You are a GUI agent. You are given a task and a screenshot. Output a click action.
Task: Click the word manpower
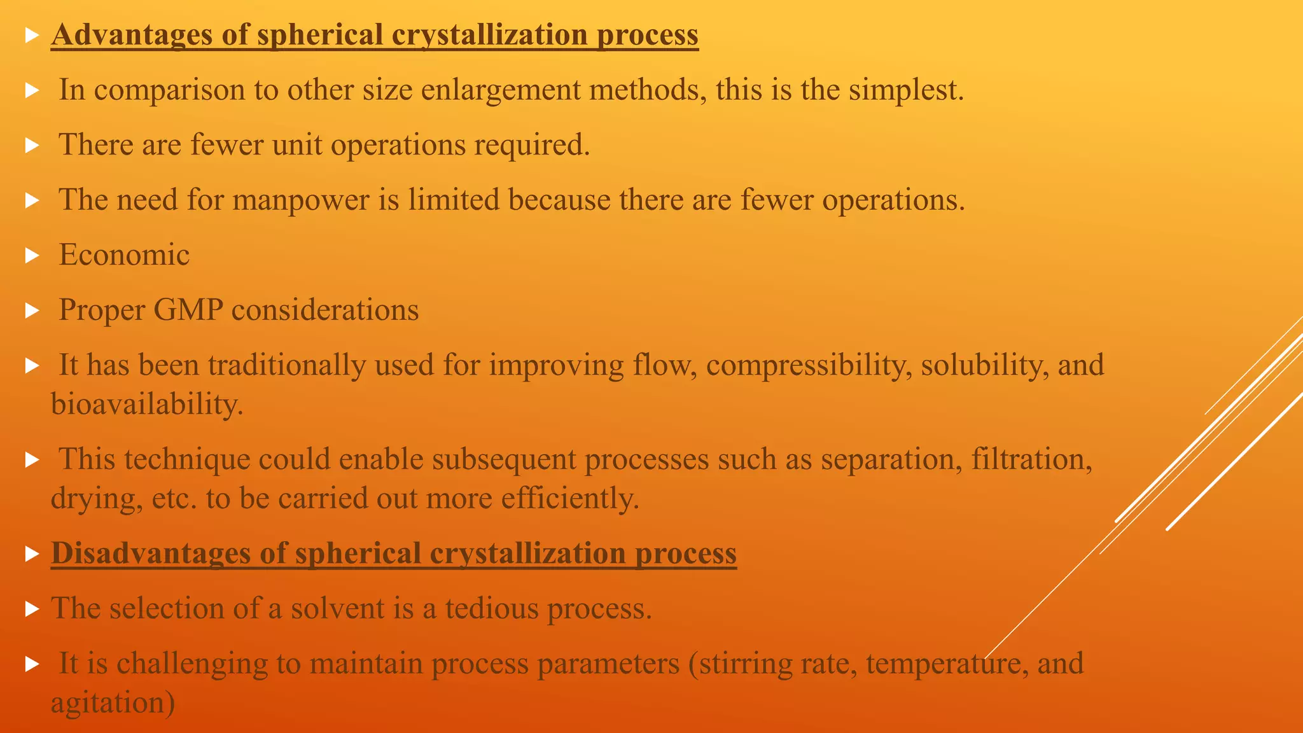point(300,200)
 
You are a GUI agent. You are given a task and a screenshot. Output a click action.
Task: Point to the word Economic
point(124,255)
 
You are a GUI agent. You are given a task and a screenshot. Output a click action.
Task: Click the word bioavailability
point(147,404)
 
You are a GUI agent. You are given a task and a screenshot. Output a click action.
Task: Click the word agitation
point(113,703)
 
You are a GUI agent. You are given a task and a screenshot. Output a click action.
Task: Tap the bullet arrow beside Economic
point(32,256)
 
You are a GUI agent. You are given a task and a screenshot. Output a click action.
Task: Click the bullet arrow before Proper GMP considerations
point(32,311)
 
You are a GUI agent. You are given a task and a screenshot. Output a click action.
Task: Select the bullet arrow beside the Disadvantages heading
point(32,554)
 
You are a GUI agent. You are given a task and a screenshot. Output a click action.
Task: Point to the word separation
point(891,459)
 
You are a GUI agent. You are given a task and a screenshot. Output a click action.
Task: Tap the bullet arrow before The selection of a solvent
point(32,609)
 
